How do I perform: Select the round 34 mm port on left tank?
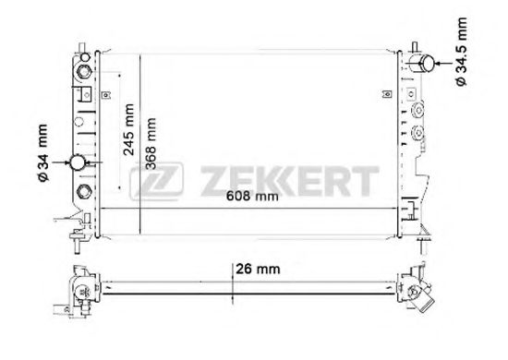tap(80, 163)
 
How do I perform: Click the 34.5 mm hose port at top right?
tap(427, 62)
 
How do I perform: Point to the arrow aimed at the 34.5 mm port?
tap(447, 63)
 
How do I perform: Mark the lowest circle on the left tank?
tap(82, 191)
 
